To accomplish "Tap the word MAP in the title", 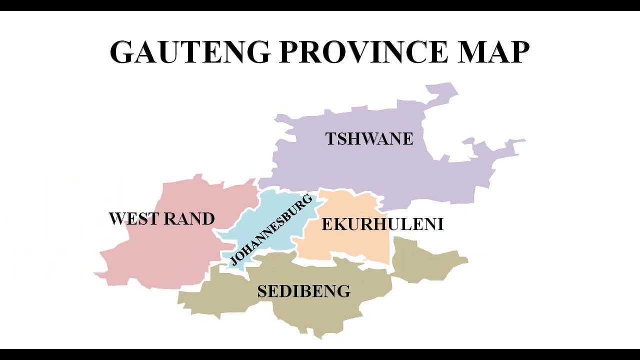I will coord(493,52).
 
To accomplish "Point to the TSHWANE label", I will coord(369,138).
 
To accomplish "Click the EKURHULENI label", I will coord(382,224).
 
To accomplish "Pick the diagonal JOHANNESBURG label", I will coord(271,230).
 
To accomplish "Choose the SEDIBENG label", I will coord(303,291).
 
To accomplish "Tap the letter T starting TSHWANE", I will coord(330,138).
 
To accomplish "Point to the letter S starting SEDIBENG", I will coord(262,291).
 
